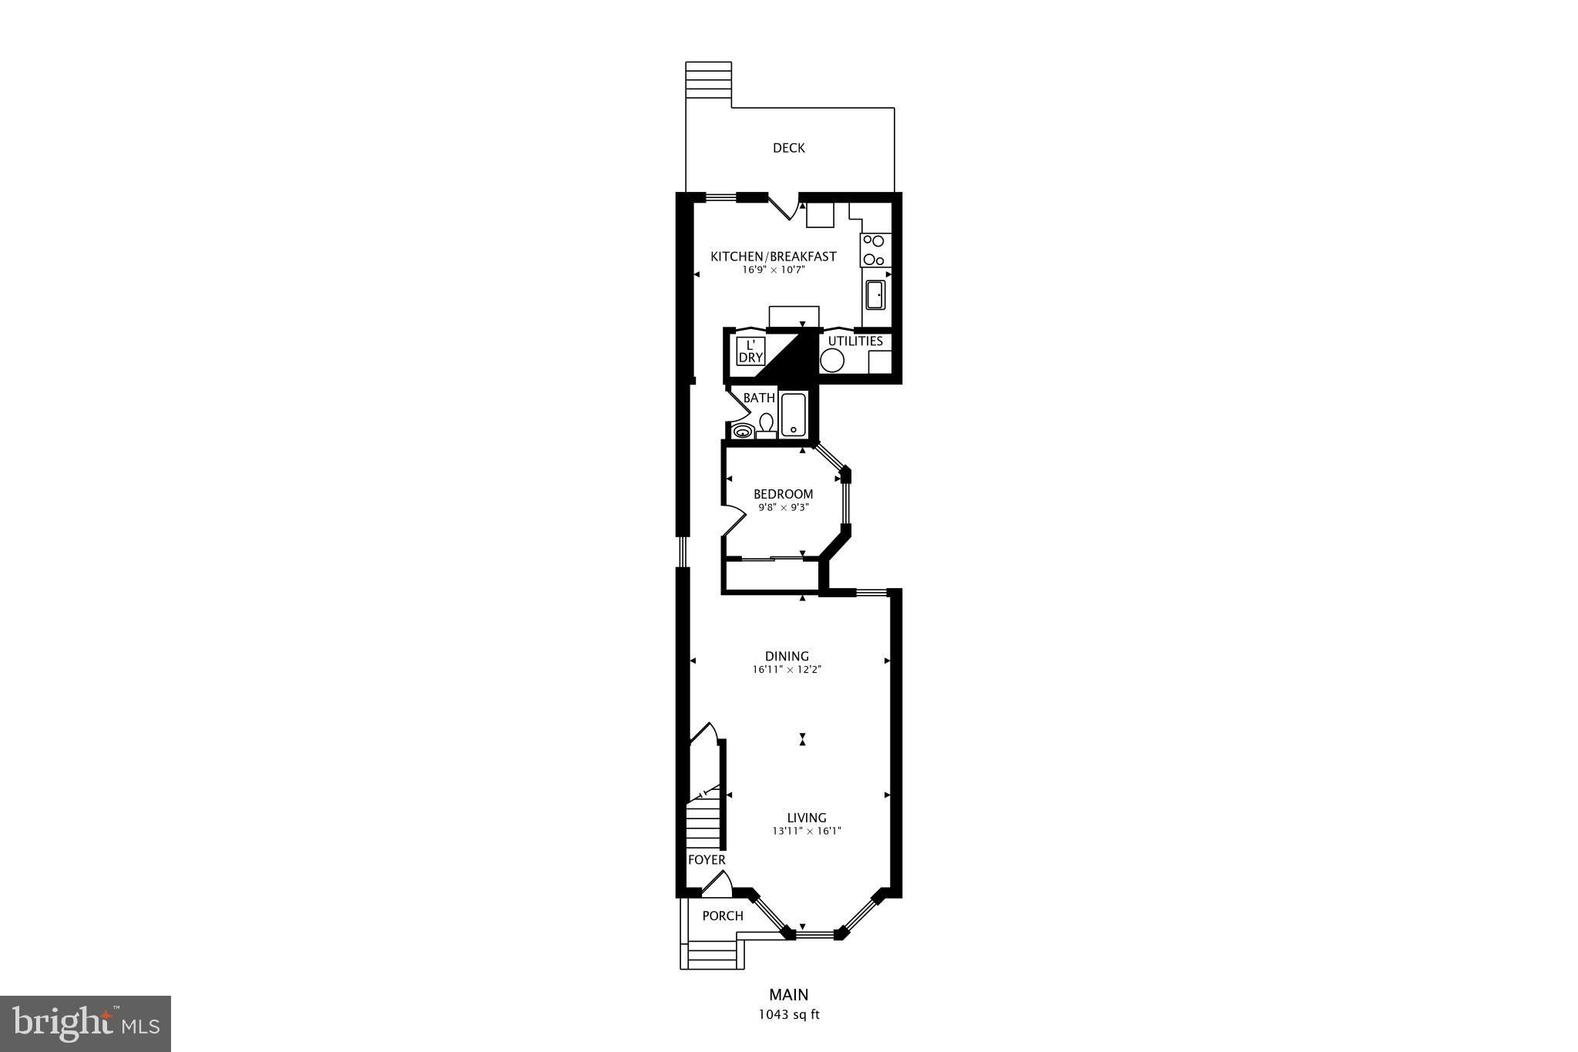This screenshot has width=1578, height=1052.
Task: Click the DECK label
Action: [788, 148]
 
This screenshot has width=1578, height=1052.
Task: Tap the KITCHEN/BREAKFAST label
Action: [773, 257]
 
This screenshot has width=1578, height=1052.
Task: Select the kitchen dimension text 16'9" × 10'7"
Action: [773, 271]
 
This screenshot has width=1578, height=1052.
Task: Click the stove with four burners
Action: [875, 250]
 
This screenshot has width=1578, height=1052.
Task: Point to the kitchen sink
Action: [875, 294]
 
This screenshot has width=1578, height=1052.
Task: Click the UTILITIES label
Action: [855, 341]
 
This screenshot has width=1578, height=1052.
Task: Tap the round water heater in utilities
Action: [832, 360]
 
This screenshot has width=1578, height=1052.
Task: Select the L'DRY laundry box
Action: [750, 351]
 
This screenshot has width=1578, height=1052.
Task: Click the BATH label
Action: [759, 398]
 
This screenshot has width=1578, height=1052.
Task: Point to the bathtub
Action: [793, 415]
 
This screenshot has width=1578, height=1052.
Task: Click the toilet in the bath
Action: [766, 426]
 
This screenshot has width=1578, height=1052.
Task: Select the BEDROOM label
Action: [783, 494]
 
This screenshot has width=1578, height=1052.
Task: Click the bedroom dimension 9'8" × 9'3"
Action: [783, 508]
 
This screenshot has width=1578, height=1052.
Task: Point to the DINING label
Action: [787, 657]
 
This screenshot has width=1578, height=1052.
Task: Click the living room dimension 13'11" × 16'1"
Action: [807, 832]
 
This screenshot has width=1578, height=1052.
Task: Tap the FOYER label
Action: [707, 860]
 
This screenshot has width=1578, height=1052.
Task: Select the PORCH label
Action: [723, 916]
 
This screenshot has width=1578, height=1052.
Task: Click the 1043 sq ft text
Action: [789, 1015]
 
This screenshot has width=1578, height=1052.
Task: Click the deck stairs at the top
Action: [708, 79]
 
